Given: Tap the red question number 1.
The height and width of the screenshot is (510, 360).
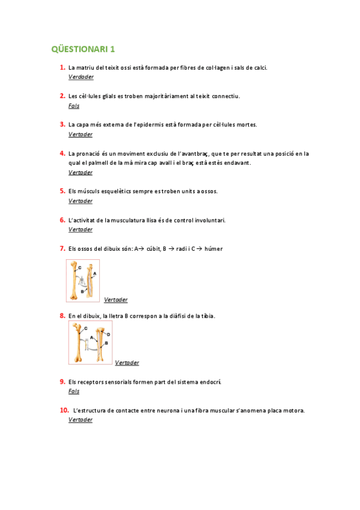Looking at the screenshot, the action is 62,67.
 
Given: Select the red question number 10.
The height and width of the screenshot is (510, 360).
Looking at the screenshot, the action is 63,410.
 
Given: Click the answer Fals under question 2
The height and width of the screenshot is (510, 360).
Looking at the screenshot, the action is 74,106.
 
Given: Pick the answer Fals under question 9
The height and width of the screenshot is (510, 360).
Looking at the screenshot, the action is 74,392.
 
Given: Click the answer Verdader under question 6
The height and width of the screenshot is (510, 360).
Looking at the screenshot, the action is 81,230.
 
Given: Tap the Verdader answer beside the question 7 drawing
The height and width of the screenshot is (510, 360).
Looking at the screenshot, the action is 115,300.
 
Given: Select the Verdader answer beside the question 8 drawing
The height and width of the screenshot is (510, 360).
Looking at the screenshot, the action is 127,363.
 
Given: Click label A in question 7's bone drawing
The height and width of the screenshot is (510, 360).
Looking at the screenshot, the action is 94,273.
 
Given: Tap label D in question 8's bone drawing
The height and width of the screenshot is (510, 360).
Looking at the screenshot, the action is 108,334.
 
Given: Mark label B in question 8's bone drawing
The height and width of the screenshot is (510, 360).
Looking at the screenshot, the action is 106,343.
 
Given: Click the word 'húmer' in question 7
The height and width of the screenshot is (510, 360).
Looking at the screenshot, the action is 213,248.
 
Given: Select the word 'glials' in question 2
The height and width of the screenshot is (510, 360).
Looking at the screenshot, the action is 102,96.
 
